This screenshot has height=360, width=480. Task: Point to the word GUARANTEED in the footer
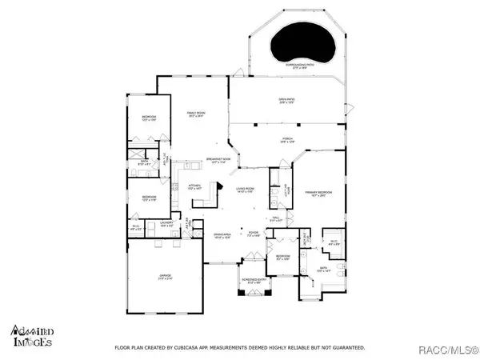(x=346, y=349)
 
